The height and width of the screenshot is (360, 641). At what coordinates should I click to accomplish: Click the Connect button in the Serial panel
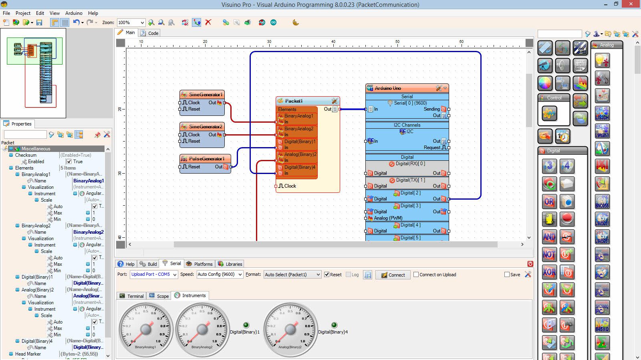coord(393,275)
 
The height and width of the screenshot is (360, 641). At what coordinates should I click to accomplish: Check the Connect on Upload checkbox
coord(416,275)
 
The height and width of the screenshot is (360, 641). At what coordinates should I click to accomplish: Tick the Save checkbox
coord(507,275)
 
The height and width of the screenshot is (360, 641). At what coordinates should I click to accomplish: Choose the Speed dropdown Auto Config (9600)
coord(220,275)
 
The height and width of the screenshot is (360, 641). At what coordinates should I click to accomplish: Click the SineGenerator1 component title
coord(205,95)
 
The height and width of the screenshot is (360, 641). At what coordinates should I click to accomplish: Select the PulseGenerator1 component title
coord(206,159)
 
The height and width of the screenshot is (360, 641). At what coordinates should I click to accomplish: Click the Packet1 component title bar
coord(294,101)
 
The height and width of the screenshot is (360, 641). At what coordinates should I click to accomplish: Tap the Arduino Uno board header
coord(388,88)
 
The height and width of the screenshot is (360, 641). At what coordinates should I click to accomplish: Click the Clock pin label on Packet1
coord(290,186)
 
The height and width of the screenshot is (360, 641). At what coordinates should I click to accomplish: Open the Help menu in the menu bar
coord(93,13)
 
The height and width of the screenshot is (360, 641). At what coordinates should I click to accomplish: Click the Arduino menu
coord(74,13)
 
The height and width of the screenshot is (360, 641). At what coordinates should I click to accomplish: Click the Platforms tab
coord(203,264)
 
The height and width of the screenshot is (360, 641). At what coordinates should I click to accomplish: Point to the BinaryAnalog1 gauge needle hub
coord(146,330)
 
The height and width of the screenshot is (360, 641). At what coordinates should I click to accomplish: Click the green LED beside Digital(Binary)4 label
coord(334,325)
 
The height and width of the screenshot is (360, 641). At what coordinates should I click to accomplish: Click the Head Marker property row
coord(28,354)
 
